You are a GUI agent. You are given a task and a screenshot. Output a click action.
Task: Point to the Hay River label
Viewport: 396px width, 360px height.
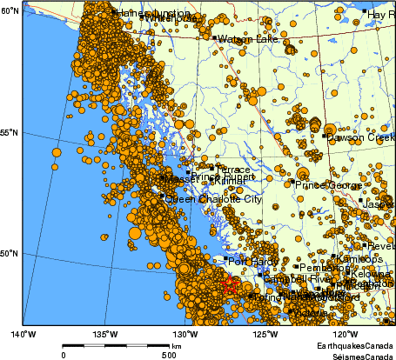point(381,15)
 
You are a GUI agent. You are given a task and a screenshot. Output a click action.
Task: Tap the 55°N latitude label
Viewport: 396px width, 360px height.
point(10,132)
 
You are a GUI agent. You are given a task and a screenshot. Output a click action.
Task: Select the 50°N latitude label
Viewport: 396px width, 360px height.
point(10,253)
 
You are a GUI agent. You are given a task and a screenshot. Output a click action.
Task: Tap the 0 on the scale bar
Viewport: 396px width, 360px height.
point(64,354)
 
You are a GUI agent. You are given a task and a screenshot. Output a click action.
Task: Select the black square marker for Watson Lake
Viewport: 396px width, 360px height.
point(214,37)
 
